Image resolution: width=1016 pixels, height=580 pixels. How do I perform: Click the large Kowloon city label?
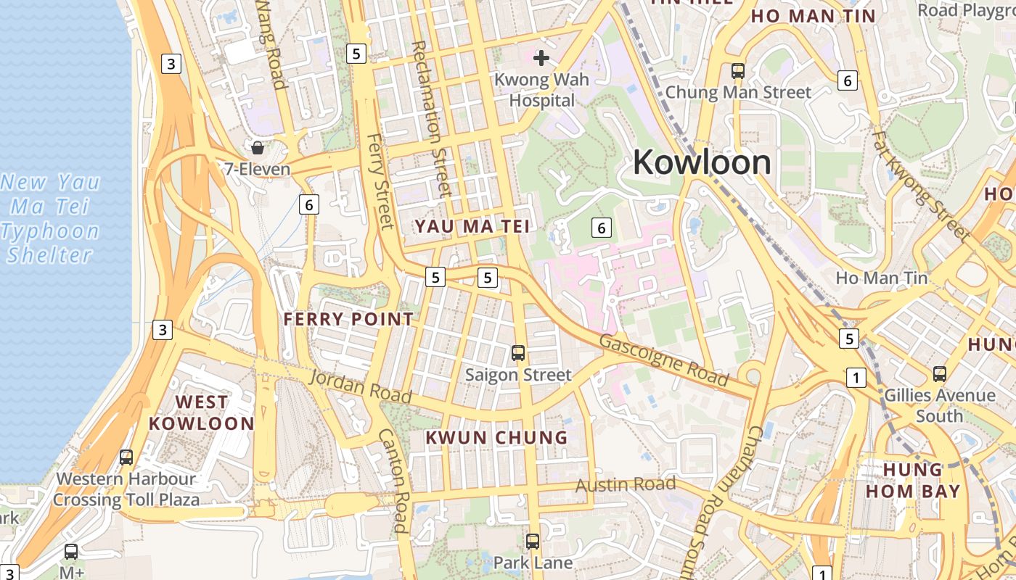[702, 162]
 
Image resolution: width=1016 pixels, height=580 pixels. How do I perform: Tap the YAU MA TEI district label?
[472, 226]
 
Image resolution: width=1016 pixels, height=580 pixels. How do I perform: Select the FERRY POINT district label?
[348, 319]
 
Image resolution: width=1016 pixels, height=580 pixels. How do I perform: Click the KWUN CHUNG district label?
[496, 437]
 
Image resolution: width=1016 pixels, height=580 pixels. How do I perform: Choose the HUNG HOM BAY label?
[913, 480]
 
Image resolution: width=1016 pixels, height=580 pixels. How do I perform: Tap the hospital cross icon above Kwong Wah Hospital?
[541, 58]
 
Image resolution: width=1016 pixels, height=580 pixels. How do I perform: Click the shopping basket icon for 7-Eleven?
[257, 149]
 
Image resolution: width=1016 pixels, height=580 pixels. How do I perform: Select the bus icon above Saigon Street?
[518, 353]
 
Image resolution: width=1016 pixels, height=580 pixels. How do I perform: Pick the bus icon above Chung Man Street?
[738, 71]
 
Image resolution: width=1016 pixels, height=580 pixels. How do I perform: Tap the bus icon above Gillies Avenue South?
[940, 374]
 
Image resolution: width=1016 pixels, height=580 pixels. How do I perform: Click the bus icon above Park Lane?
[533, 541]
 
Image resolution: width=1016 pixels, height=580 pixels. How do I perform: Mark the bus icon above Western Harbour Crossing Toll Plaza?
[126, 457]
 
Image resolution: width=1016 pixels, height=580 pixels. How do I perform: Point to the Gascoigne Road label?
[664, 360]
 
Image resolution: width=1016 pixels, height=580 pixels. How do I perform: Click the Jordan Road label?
[361, 387]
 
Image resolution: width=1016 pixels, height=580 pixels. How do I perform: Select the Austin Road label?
[626, 485]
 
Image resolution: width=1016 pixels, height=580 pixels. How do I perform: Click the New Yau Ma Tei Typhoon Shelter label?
[51, 218]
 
